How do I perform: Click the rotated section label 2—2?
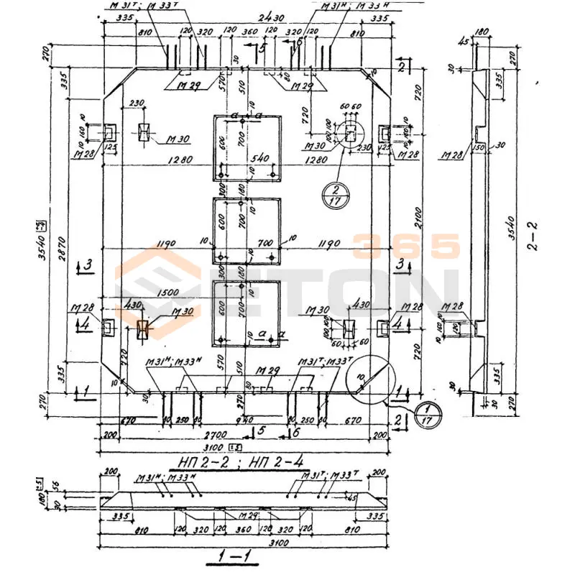(532, 235)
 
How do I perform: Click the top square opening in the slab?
(246, 147)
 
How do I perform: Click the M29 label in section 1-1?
(248, 516)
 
